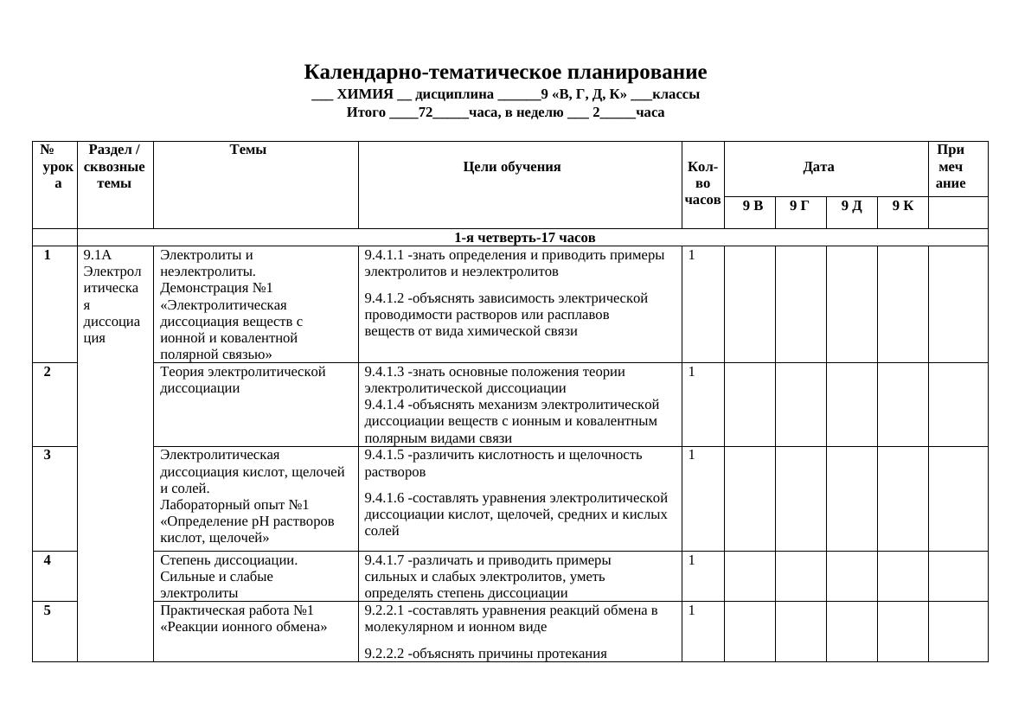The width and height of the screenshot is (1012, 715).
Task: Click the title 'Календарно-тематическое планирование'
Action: [x=505, y=73]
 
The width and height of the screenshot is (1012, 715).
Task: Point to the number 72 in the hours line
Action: [x=425, y=112]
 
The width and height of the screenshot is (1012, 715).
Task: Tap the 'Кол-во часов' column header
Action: [x=702, y=183]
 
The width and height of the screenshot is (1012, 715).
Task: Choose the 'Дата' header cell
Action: [x=818, y=168]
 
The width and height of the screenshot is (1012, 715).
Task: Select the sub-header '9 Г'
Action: [x=799, y=206]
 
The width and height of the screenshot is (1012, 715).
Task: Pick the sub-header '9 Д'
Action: [x=851, y=206]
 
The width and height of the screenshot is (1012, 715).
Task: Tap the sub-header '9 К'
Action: [x=902, y=206]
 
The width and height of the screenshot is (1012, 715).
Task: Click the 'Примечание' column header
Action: [x=950, y=167]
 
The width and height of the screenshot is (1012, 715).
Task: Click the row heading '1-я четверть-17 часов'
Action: [x=525, y=238]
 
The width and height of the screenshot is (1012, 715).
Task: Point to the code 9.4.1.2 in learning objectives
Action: [x=384, y=298]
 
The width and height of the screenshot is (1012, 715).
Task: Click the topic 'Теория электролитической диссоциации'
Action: [x=243, y=380]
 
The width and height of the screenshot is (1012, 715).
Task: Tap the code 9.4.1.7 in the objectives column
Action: [x=384, y=560]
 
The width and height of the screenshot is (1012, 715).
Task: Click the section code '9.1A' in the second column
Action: [x=97, y=255]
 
